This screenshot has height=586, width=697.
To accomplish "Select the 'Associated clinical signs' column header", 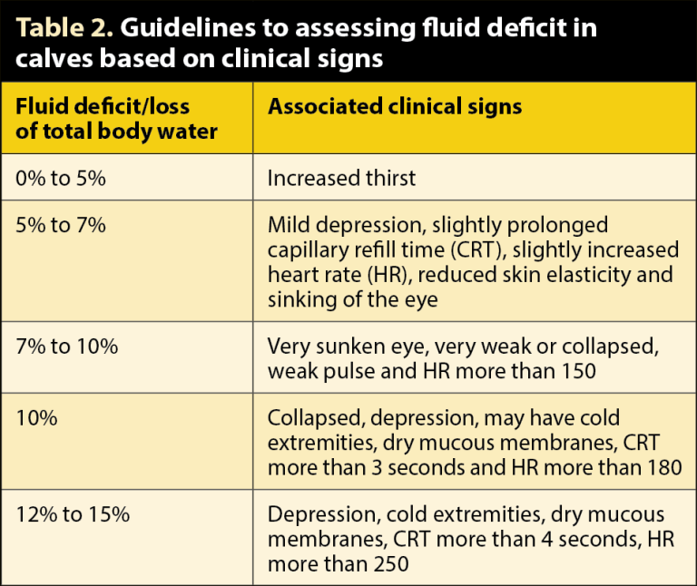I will point(394,107).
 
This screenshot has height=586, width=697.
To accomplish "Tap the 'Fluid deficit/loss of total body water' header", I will point(117,119).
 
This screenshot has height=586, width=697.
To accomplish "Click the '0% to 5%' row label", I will point(61,178).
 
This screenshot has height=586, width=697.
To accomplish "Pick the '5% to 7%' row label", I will point(61,225).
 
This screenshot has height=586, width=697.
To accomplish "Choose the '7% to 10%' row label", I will point(66,346).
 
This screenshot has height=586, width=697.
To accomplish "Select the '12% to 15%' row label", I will point(73,514).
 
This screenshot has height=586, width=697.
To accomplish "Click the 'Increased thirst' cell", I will point(341,178).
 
